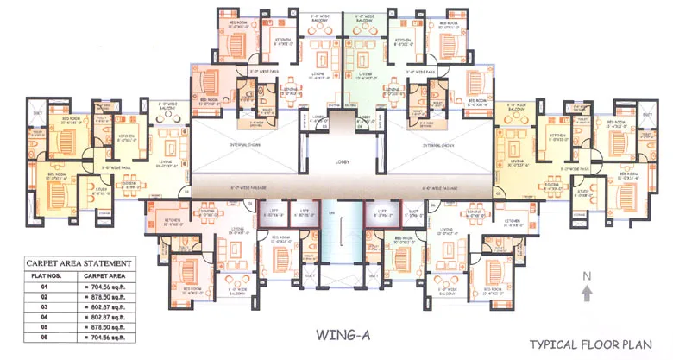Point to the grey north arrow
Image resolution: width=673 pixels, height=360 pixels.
click(x=587, y=294)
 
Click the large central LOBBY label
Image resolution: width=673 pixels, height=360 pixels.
click(x=343, y=161)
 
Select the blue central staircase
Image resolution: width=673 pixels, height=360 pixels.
click(x=343, y=233)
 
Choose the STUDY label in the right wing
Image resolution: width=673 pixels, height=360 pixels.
click(x=583, y=193)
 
